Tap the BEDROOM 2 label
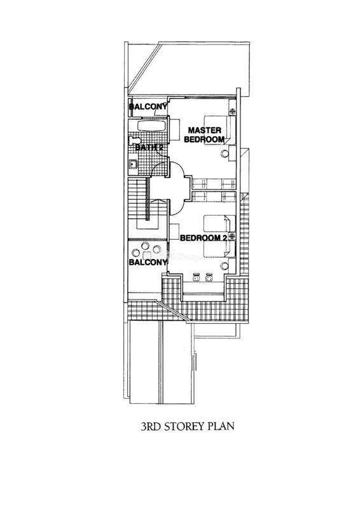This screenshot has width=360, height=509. [203, 238]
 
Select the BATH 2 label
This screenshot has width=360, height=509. [149, 148]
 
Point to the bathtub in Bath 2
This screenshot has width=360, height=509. [152, 126]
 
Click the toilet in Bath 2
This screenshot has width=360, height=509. [134, 141]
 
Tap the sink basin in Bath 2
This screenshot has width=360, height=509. [132, 165]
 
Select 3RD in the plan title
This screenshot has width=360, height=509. [151, 426]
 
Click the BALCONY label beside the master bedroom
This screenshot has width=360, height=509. [148, 106]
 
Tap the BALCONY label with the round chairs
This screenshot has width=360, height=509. [148, 262]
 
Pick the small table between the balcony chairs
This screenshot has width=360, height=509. [147, 255]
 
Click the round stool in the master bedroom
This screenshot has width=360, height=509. [225, 153]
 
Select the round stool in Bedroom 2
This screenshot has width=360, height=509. [224, 266]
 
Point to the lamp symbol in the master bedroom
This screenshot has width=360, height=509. [232, 111]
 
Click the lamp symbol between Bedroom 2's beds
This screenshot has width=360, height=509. [232, 235]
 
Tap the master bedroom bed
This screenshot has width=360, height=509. [219, 130]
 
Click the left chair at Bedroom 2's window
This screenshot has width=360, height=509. [196, 278]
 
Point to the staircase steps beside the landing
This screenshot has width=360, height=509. [137, 199]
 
